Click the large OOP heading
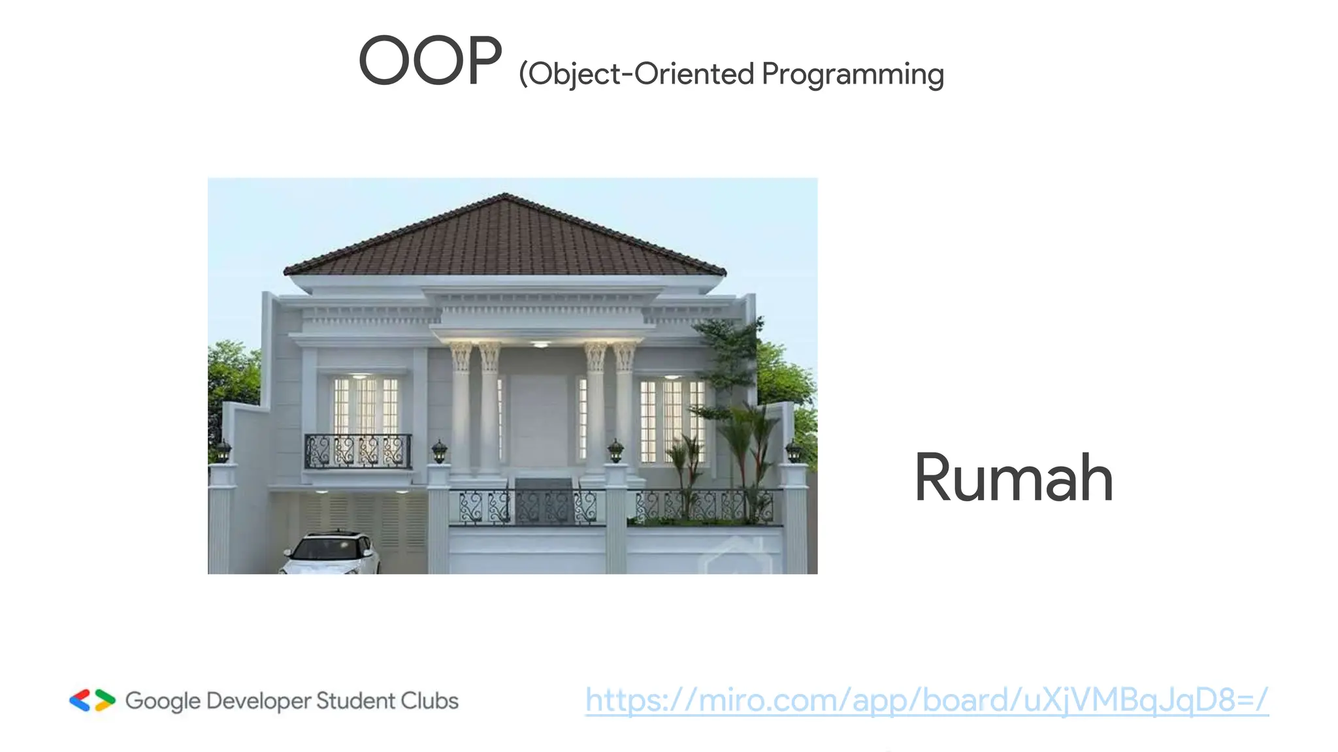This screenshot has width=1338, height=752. tap(431, 61)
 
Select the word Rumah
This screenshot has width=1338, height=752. tap(1013, 478)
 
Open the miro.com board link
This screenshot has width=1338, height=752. tap(926, 700)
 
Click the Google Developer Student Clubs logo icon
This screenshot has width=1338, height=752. tap(92, 700)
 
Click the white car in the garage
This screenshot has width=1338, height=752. tap(332, 554)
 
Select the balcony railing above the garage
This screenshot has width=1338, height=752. tap(357, 451)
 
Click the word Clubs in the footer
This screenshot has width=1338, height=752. tap(429, 701)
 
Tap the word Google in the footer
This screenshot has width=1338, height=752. tap(163, 702)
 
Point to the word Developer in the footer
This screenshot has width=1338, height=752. tap(258, 702)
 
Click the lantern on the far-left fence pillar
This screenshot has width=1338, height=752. tap(223, 450)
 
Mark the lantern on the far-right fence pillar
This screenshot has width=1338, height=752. tap(793, 450)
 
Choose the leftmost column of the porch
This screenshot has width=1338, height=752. tap(461, 411)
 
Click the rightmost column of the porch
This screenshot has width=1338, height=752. tap(624, 411)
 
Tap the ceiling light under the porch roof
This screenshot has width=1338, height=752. tap(540, 343)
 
